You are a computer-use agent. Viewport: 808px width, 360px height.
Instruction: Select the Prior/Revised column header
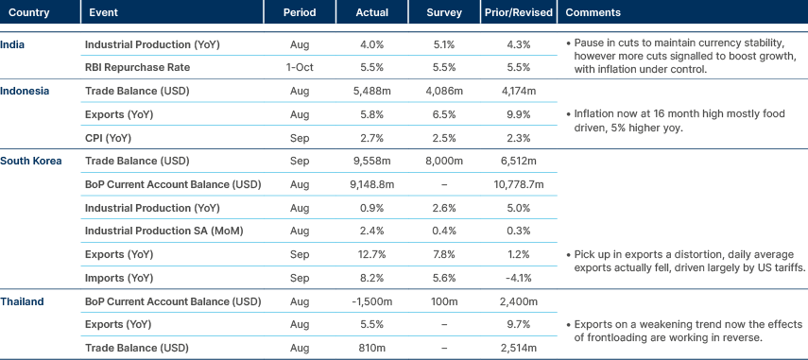point(511,13)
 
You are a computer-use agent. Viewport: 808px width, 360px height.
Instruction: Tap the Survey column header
point(437,13)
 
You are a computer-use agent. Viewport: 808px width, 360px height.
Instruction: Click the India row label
point(12,43)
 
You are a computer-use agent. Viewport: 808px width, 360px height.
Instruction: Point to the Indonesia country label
point(25,90)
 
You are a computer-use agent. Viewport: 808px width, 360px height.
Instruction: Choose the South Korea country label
point(30,161)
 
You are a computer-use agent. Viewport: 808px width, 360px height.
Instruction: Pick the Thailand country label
point(23,301)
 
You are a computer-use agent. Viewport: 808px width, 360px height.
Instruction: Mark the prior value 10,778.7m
point(511,184)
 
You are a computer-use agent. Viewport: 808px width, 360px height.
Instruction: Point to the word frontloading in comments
point(613,336)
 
